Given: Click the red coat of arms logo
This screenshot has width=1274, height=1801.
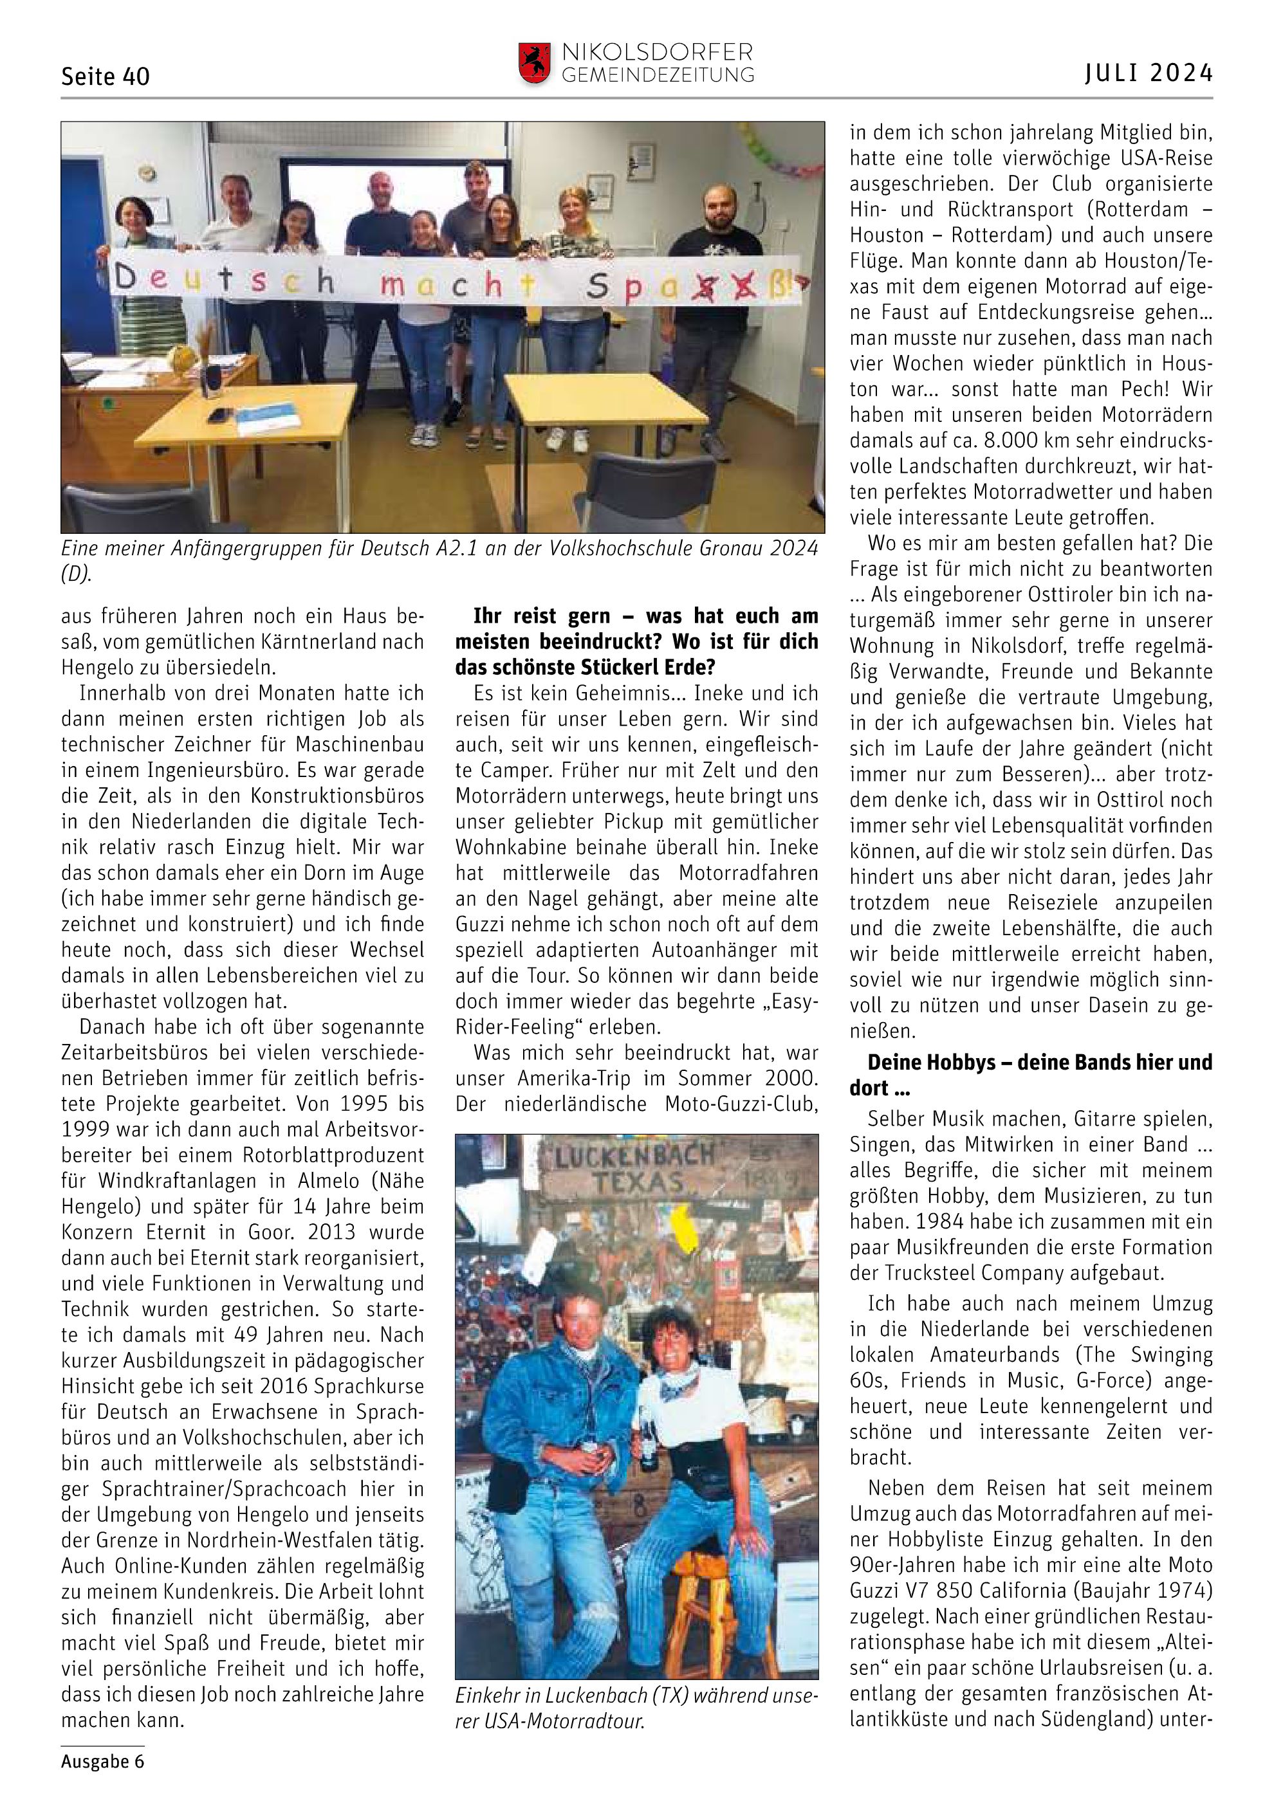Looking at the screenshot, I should tap(534, 63).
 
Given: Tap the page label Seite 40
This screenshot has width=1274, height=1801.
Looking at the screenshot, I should tap(105, 76).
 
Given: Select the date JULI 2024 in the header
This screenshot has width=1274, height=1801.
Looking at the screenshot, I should tap(1149, 73).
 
